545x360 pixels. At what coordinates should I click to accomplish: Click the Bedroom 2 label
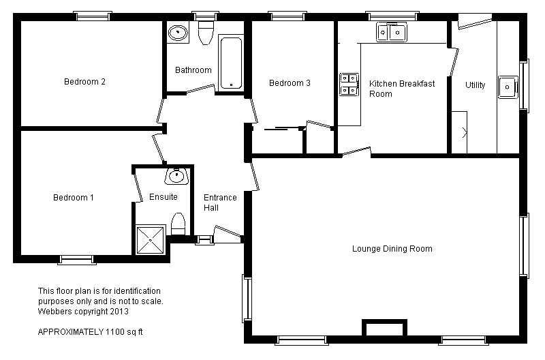coord(84,82)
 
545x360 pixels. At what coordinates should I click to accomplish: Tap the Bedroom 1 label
coord(74,198)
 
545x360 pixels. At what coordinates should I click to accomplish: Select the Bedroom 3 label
coord(290,83)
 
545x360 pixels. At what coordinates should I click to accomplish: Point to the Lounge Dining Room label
coord(392,249)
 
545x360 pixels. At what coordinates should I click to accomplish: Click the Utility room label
coord(475,85)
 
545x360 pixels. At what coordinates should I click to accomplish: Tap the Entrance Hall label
coord(220,202)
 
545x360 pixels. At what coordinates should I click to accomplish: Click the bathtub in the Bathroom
coord(231,62)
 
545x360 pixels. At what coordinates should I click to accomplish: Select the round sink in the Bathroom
coord(178,32)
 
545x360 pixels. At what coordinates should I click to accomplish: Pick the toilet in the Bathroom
coord(206,32)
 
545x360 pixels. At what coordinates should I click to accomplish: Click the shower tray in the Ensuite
coord(151,240)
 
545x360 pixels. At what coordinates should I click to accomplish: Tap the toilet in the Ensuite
coord(178,224)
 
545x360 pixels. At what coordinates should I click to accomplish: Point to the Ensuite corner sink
coord(176,176)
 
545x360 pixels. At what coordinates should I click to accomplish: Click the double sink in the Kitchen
coord(391,33)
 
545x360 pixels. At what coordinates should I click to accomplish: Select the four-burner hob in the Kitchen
coord(349,84)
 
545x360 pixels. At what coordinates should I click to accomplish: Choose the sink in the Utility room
coord(508,87)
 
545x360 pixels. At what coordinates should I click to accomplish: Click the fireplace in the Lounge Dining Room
coord(384,328)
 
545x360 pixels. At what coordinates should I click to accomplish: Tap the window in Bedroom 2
coord(93,16)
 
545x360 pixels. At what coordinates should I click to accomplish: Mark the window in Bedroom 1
coord(77,260)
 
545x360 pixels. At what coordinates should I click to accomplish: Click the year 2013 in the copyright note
coord(119,312)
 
